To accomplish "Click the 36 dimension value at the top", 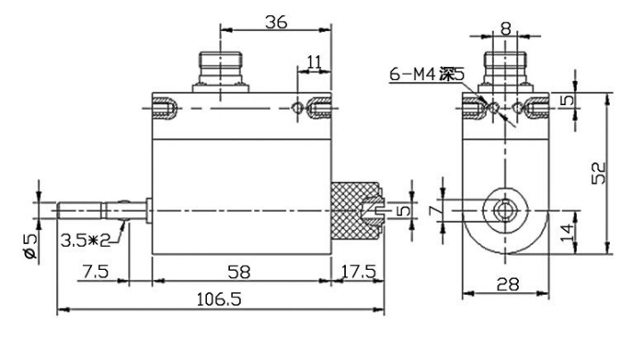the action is click(x=275, y=22).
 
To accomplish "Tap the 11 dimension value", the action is click(x=314, y=62).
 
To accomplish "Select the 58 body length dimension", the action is click(x=239, y=272).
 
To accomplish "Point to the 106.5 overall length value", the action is click(x=218, y=299).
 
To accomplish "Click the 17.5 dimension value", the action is click(x=358, y=272).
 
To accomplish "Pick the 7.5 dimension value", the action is click(x=95, y=272).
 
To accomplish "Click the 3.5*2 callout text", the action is click(x=86, y=240).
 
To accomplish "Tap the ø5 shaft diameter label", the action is click(x=30, y=247).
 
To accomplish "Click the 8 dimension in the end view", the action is click(x=506, y=29).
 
